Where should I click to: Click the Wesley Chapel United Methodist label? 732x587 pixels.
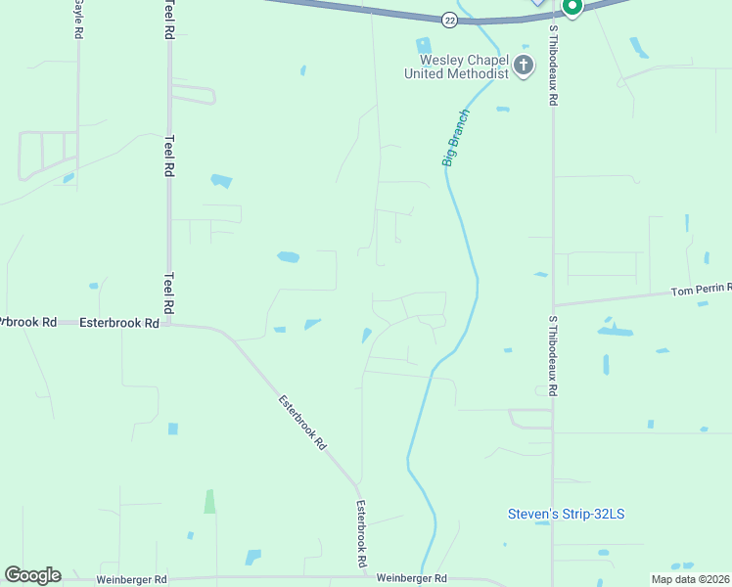[459, 67]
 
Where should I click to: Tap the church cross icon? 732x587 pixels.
[524, 67]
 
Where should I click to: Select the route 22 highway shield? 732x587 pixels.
[448, 20]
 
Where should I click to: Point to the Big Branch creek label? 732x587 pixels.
[456, 138]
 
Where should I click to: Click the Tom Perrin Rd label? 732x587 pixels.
[701, 290]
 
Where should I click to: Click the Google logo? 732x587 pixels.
[32, 575]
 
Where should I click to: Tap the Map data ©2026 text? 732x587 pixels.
[691, 579]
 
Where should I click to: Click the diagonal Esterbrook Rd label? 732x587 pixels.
[301, 422]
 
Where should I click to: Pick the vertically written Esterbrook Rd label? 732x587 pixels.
[361, 535]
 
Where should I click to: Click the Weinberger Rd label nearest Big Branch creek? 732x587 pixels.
[411, 579]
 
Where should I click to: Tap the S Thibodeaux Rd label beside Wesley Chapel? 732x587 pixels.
[553, 65]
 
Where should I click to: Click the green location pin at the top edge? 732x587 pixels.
[572, 7]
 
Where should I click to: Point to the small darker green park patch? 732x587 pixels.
[209, 501]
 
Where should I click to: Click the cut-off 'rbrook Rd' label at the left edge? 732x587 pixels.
[28, 322]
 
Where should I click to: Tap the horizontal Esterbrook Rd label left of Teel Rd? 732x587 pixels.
[118, 322]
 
